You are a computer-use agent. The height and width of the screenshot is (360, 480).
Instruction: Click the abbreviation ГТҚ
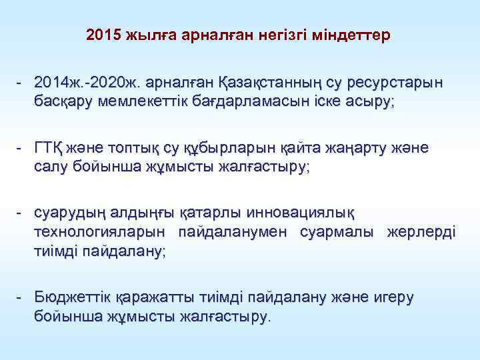[51, 147]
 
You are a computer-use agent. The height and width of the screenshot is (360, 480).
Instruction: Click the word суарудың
[71, 213]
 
